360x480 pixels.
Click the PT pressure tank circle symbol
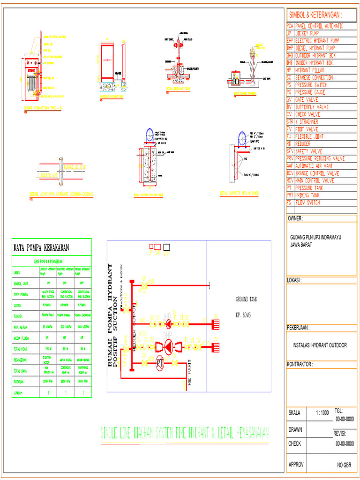[x=159, y=362]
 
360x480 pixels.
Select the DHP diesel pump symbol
[x=167, y=347]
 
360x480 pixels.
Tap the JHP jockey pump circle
[x=168, y=323]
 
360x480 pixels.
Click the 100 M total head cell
[x=47, y=349]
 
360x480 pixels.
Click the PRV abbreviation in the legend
[x=290, y=158]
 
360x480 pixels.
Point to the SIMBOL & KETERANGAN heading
[x=315, y=14]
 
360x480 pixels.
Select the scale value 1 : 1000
[x=322, y=413]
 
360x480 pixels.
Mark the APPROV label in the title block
[x=297, y=465]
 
